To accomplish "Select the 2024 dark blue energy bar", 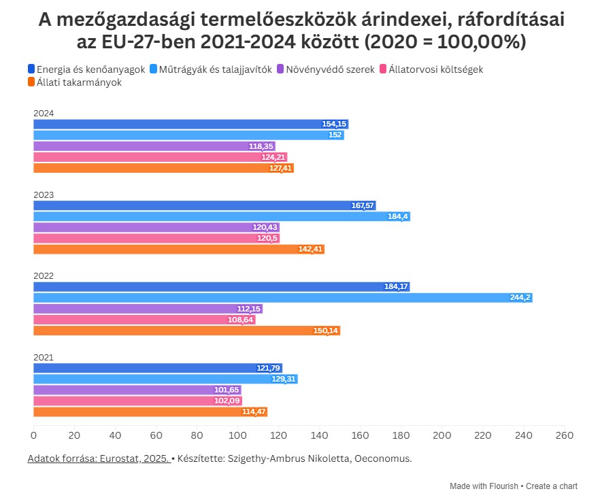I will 190,124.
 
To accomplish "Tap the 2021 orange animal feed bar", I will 150,412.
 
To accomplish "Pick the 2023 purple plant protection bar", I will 156,227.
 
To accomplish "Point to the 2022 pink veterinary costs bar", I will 144,320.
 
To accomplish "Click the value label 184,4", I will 397,216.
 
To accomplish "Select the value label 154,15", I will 334,124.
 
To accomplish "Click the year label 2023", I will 44,195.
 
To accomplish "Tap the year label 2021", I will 44,357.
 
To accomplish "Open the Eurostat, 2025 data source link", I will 98,458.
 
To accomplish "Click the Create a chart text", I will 552,486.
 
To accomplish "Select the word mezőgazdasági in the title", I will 132,21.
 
